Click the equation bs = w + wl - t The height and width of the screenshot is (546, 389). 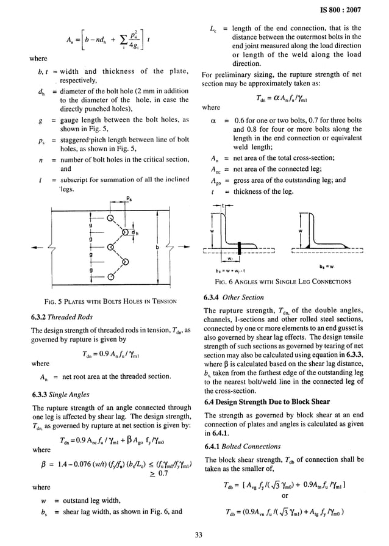click(x=233, y=270)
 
